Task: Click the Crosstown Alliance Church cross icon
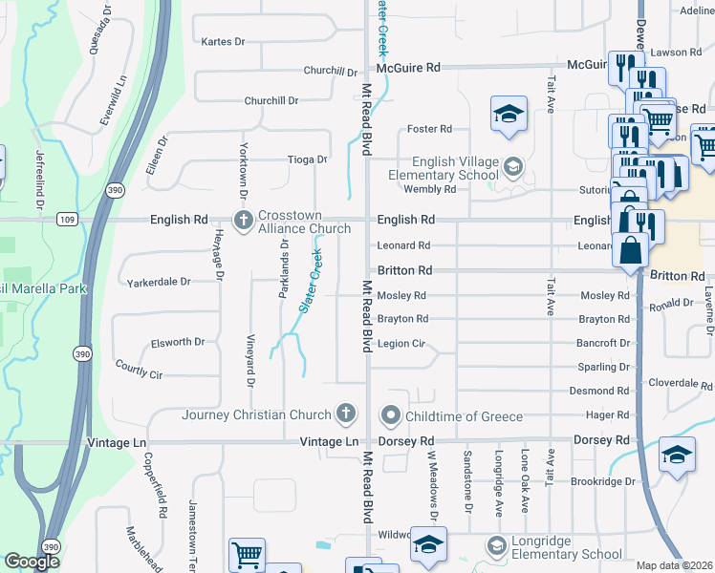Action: pyautogui.click(x=244, y=221)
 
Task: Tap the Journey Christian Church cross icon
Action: pyautogui.click(x=346, y=414)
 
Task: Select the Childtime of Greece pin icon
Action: pyautogui.click(x=390, y=415)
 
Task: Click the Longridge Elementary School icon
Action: pyautogui.click(x=496, y=546)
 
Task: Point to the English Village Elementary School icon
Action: pyautogui.click(x=513, y=168)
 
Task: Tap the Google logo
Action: pyautogui.click(x=32, y=562)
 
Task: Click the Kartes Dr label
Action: pyautogui.click(x=224, y=42)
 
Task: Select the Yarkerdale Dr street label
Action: pyautogui.click(x=159, y=283)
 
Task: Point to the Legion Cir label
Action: pyautogui.click(x=401, y=344)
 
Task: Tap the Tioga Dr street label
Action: pyautogui.click(x=308, y=159)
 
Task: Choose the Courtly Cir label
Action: pyautogui.click(x=139, y=368)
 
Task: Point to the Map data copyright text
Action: pyautogui.click(x=673, y=565)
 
